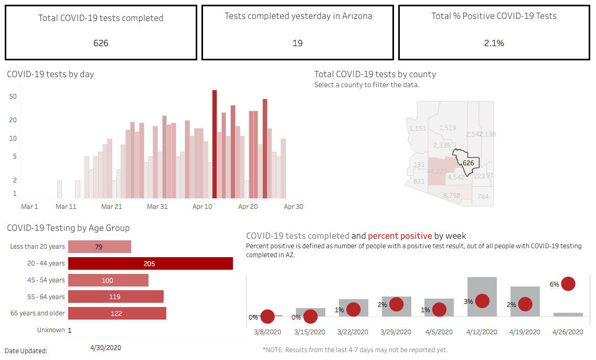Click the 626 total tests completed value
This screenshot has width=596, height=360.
pos(101,43)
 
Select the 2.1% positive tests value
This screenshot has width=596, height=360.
pos(494,43)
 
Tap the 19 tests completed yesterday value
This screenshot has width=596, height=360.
pos(297,43)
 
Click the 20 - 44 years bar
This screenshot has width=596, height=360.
pos(150,263)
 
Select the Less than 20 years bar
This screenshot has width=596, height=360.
pos(99,247)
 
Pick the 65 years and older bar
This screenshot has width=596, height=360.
pos(117,313)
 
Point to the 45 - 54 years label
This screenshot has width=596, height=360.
pos(46,280)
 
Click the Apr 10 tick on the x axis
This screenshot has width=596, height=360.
pos(203,207)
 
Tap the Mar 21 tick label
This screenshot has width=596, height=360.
pos(111,207)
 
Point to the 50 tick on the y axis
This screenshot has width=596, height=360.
pos(13,97)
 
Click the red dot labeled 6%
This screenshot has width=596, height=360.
pos(568,284)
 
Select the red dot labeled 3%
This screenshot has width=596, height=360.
pos(482,301)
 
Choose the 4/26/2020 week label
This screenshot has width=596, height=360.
pos(568,332)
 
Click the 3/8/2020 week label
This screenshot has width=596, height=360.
pos(267,332)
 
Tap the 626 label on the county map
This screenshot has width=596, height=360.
pos(469,163)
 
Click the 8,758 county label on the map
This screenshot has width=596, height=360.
pos(451,196)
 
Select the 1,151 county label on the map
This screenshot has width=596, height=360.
pos(418,129)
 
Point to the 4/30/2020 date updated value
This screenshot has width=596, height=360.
pos(105,347)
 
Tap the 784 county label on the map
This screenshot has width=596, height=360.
pos(483,197)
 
